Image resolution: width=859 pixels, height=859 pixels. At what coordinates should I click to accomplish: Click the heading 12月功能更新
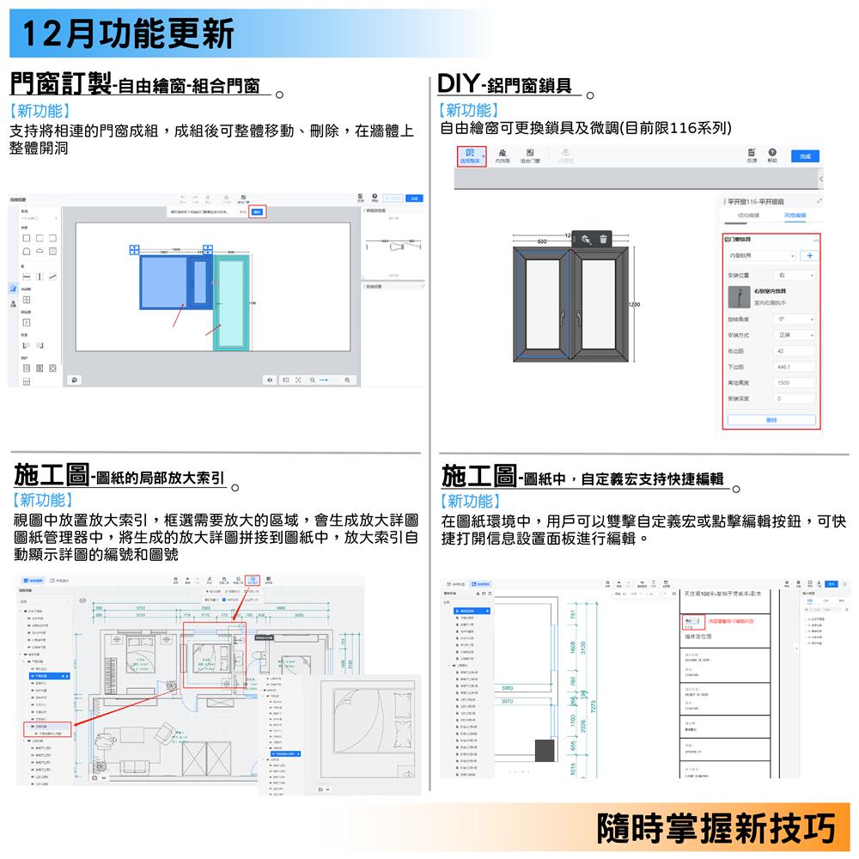pyautogui.click(x=129, y=34)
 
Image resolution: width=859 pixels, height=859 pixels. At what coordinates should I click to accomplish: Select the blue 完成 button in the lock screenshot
pyautogui.click(x=804, y=156)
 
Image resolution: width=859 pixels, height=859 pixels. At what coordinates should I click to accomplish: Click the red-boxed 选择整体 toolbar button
pyautogui.click(x=471, y=156)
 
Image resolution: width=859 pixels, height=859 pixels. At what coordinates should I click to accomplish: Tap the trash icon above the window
pyautogui.click(x=602, y=241)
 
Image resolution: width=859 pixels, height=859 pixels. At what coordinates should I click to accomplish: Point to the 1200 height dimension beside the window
pyautogui.click(x=635, y=305)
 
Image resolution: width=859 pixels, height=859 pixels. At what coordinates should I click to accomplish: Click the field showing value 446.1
pyautogui.click(x=794, y=367)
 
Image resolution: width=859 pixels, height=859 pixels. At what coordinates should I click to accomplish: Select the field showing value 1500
pyautogui.click(x=794, y=382)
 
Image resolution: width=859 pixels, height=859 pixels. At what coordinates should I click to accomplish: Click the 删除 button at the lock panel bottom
pyautogui.click(x=771, y=419)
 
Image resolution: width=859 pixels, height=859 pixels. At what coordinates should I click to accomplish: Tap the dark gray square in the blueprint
pyautogui.click(x=545, y=749)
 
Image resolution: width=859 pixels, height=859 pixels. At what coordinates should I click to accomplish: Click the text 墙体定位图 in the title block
pyautogui.click(x=698, y=637)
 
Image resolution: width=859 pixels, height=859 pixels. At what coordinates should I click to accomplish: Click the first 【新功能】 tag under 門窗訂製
pyautogui.click(x=40, y=112)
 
